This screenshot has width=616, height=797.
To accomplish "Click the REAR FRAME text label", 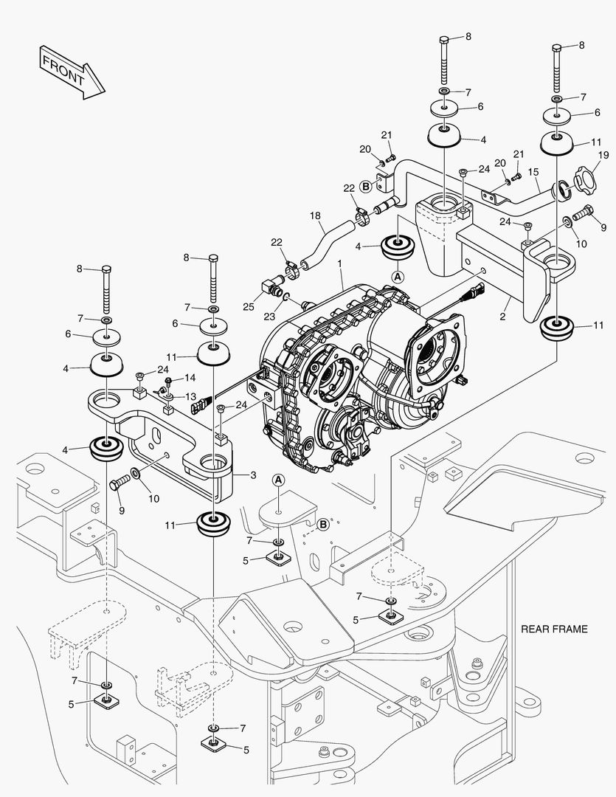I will pyautogui.click(x=554, y=629).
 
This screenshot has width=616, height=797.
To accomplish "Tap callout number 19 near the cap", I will pyautogui.click(x=603, y=156).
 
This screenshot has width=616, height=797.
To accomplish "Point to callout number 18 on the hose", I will pyautogui.click(x=315, y=216).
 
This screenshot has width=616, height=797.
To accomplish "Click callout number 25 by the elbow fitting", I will pyautogui.click(x=249, y=306).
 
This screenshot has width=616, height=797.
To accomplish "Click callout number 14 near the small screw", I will pyautogui.click(x=190, y=378).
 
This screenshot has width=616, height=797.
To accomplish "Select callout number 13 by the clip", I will pyautogui.click(x=190, y=396).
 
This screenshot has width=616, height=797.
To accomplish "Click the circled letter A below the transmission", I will pyautogui.click(x=279, y=480).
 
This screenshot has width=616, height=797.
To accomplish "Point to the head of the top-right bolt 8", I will pyautogui.click(x=556, y=48).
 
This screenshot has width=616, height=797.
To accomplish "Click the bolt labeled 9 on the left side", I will pyautogui.click(x=118, y=485).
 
